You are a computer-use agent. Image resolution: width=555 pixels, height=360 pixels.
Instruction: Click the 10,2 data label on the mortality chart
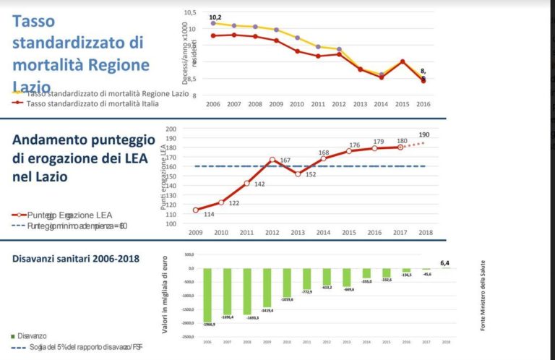pos(215,17)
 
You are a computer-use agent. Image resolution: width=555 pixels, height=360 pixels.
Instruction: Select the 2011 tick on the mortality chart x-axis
pos(318,104)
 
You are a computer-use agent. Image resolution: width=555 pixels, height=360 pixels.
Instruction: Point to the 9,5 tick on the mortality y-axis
pos(190,45)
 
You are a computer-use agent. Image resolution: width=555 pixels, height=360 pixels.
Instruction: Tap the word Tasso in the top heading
pos(34,21)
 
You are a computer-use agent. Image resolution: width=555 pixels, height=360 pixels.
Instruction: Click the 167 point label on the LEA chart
pos(285,160)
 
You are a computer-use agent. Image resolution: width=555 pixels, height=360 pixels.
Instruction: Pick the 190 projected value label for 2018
pos(424,135)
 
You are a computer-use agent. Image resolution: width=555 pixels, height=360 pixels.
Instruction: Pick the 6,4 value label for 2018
pos(446,263)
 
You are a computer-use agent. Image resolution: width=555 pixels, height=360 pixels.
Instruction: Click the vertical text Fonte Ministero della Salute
pos(483,296)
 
